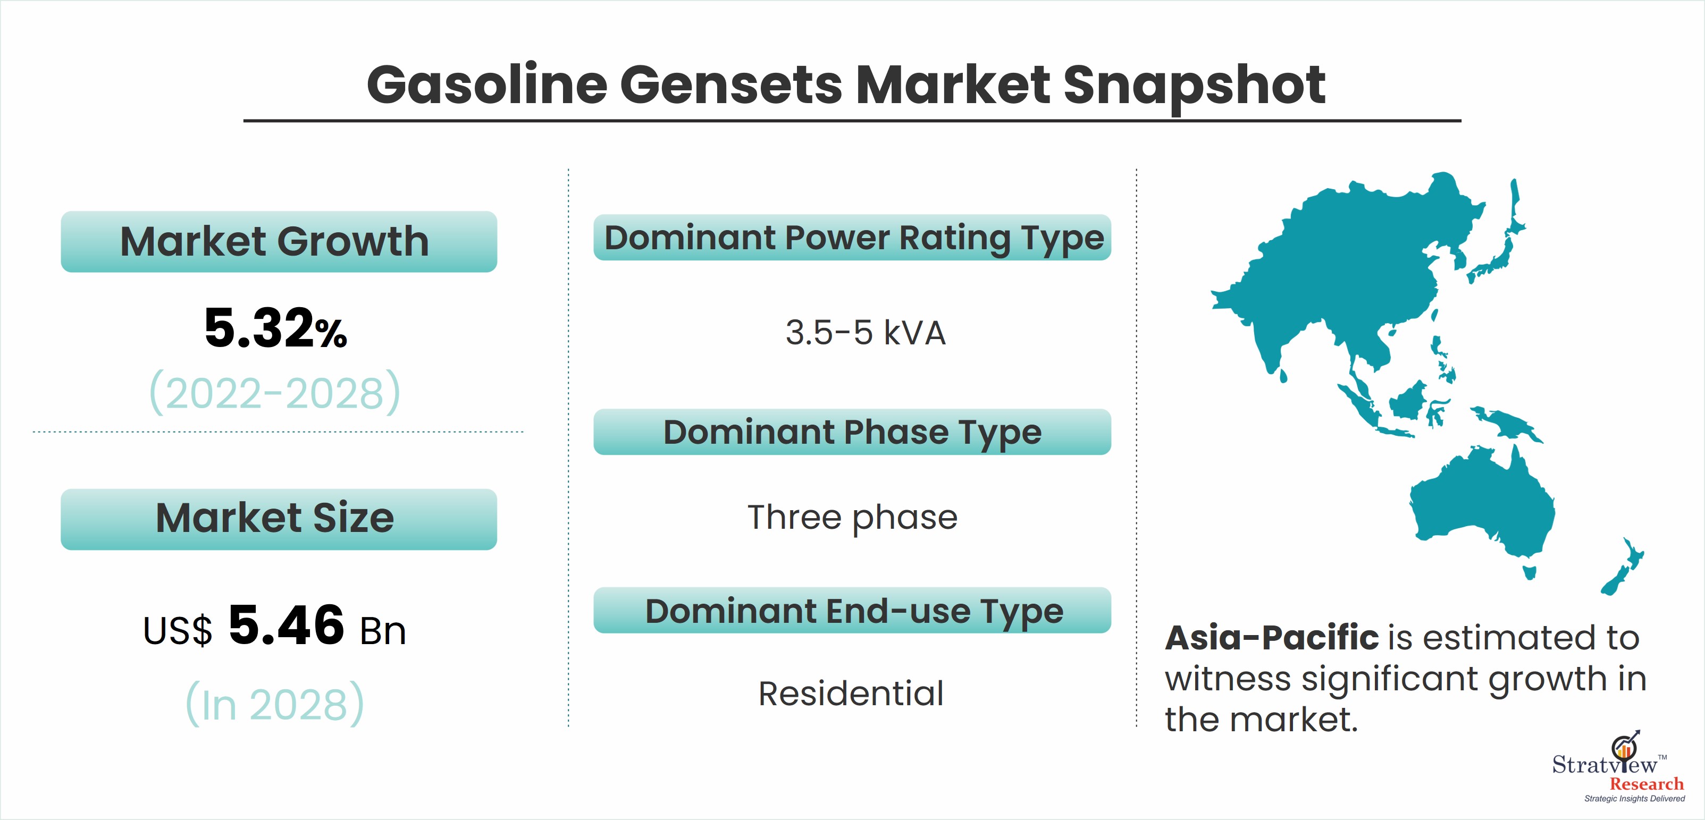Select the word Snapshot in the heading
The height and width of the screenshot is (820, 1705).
(x=1194, y=86)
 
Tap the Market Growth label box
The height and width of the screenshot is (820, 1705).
(x=279, y=242)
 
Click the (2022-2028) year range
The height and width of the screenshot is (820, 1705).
(x=275, y=392)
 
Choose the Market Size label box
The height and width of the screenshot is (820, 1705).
(x=279, y=519)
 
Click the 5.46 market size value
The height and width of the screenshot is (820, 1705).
(x=286, y=625)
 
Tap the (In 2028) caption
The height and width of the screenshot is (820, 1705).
(x=275, y=704)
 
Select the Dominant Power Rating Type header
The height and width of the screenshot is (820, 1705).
(x=853, y=238)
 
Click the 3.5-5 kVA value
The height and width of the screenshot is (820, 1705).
(x=865, y=332)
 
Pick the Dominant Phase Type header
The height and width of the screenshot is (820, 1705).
(x=853, y=432)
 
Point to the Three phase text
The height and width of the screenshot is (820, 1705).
(x=853, y=518)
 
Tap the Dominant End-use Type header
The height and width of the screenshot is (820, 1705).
(x=853, y=610)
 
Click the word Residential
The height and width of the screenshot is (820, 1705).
(x=851, y=694)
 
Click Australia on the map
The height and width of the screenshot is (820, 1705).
(x=1483, y=506)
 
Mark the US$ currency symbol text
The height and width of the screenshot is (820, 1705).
(x=178, y=631)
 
